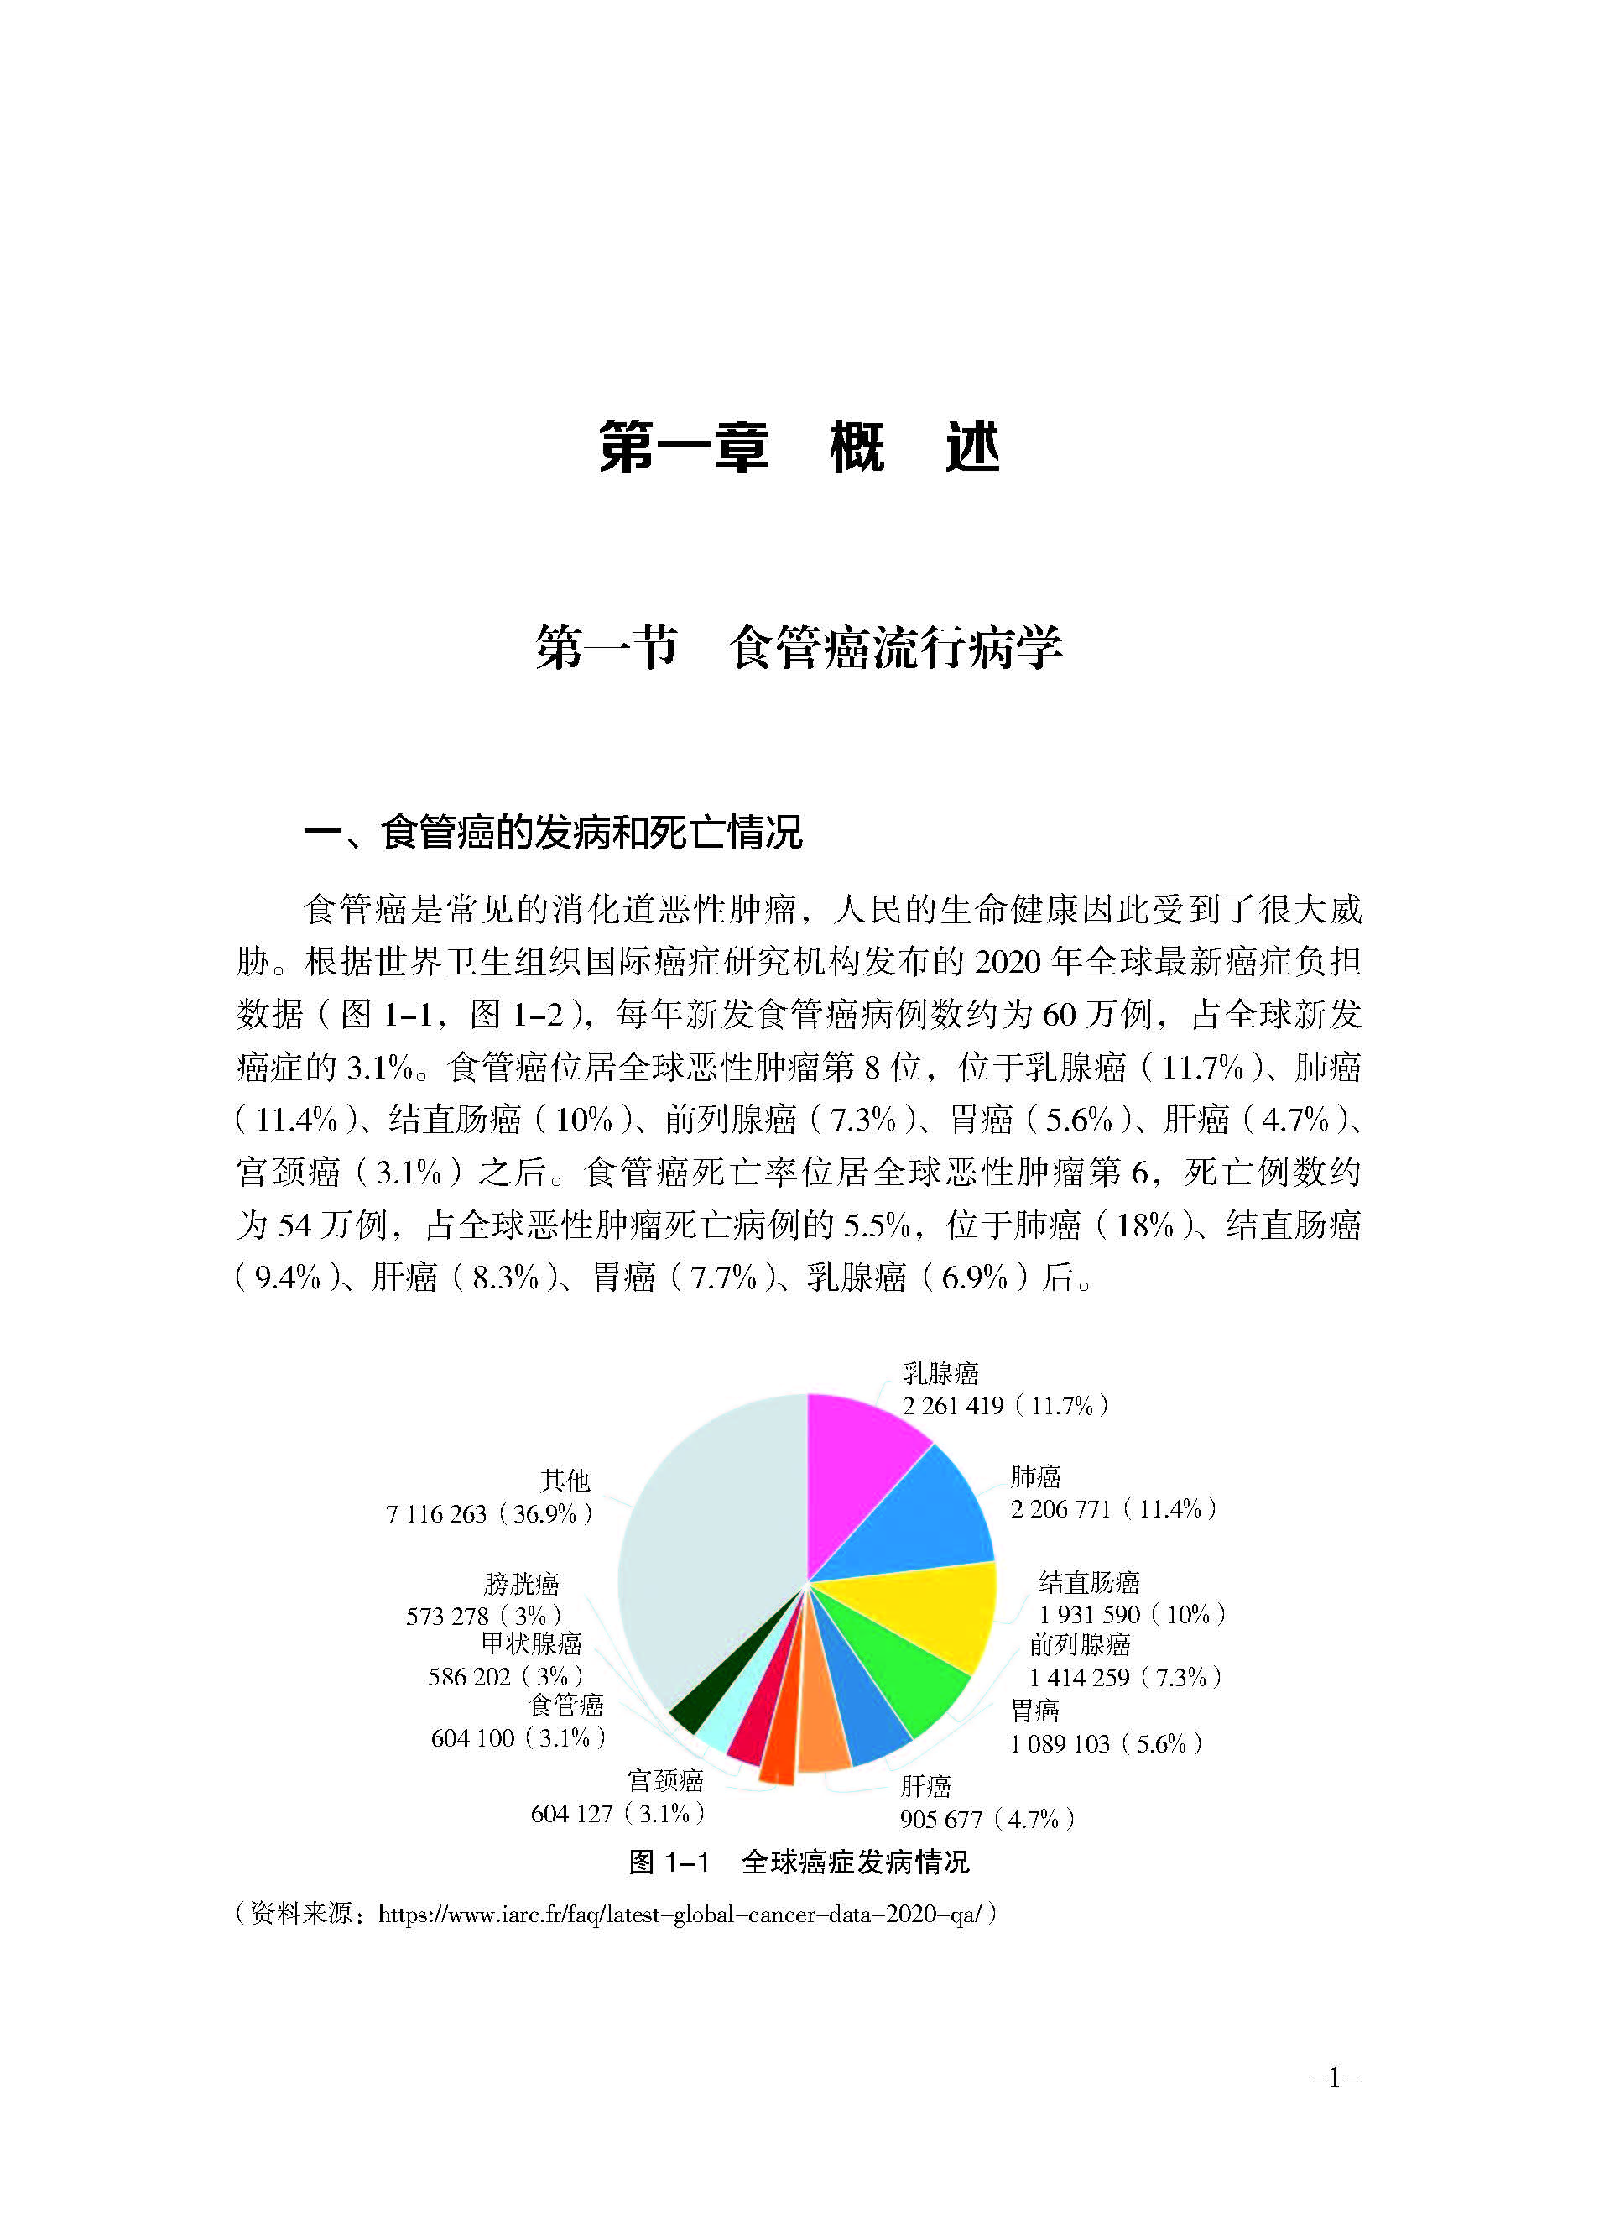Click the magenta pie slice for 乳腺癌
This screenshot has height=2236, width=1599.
[857, 1468]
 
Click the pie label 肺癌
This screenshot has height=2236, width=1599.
[1035, 1476]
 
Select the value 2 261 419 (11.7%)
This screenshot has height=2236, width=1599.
[1005, 1406]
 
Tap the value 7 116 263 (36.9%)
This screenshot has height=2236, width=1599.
[489, 1514]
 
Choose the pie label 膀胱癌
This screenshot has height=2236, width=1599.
[521, 1584]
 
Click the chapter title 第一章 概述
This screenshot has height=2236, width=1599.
[799, 448]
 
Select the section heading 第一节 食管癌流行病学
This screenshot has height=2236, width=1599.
[799, 649]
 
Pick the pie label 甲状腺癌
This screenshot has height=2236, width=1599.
[532, 1643]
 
